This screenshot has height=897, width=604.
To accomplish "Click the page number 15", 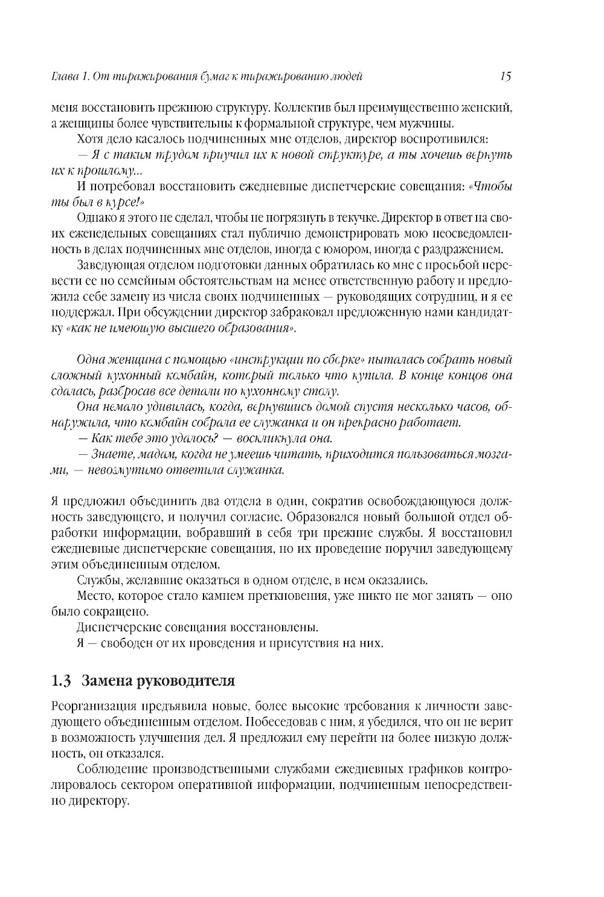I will (506, 76).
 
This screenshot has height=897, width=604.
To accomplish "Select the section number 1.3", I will (62, 681).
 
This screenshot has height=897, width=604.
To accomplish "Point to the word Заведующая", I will (105, 265).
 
